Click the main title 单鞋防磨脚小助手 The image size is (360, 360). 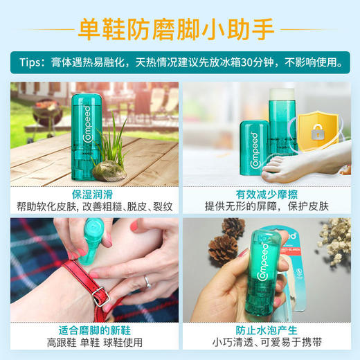coord(179,28)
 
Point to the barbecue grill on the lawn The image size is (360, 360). coord(49,112)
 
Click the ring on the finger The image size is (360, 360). coord(146,281)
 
